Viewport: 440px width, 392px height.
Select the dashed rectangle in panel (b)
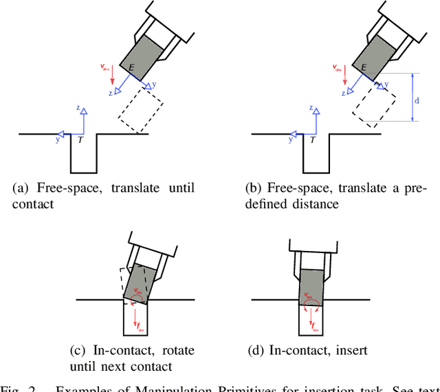tap(374, 104)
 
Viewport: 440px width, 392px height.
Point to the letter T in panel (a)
tap(81, 140)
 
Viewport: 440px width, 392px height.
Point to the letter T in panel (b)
tap(313, 140)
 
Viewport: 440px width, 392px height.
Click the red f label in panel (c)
tap(140, 325)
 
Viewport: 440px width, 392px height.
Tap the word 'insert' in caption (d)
tap(349, 351)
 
